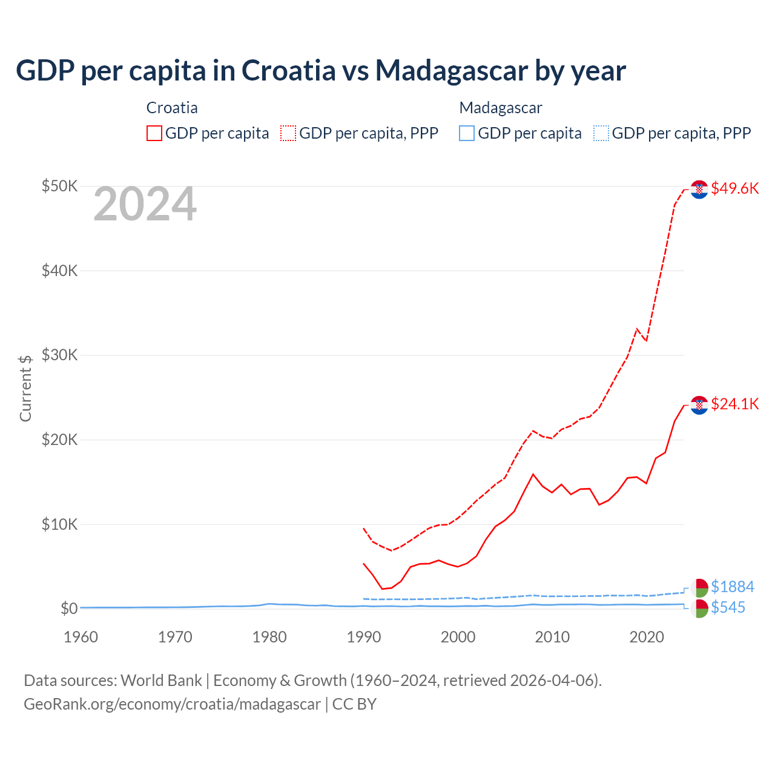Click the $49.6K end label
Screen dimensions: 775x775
(734, 188)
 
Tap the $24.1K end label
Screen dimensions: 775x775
(734, 404)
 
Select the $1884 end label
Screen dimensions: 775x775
(732, 587)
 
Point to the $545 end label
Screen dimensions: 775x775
(728, 607)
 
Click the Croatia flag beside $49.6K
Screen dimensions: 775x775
(699, 190)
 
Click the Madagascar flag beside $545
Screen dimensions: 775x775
(699, 608)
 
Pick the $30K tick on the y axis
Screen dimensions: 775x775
(59, 355)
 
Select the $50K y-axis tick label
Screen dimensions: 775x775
(59, 186)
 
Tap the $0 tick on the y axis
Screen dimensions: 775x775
(68, 608)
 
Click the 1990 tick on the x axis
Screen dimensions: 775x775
(364, 637)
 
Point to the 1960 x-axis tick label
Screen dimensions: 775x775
(81, 637)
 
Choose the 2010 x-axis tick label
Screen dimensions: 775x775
(552, 637)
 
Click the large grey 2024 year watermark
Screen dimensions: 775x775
(145, 205)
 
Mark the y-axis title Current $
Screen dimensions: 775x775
(25, 387)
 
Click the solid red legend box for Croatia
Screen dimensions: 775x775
(154, 133)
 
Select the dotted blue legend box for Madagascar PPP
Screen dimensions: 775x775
(601, 133)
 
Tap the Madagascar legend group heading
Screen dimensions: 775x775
(500, 108)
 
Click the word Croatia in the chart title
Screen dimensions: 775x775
(288, 70)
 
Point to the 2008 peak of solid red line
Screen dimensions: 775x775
(533, 474)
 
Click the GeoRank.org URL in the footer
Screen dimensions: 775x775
(172, 704)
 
